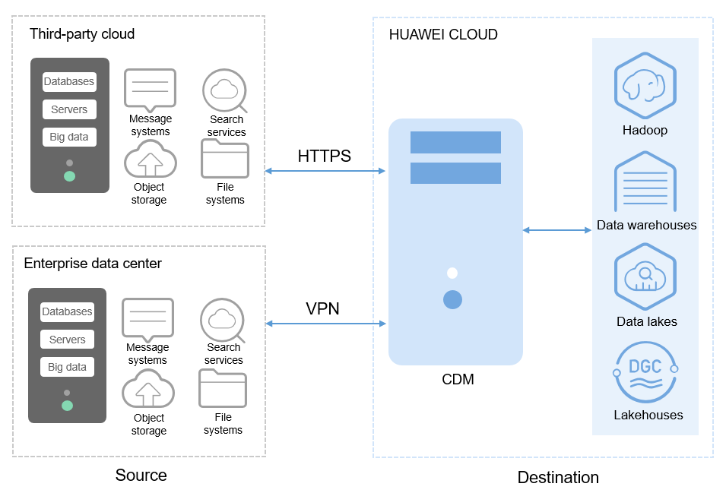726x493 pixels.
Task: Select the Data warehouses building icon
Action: click(x=645, y=182)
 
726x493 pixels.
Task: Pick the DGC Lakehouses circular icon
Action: click(x=645, y=373)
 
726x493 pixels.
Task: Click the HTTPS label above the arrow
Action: click(x=325, y=156)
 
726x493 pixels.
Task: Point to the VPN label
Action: click(x=323, y=309)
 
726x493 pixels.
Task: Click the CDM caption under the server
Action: click(x=458, y=379)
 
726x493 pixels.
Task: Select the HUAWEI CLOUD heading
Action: click(x=443, y=35)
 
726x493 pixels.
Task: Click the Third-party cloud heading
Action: click(x=82, y=34)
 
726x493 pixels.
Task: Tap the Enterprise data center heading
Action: click(x=93, y=264)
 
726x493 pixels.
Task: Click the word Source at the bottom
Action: click(x=141, y=476)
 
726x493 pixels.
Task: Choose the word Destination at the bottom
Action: click(x=558, y=478)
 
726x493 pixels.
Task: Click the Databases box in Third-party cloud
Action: click(x=69, y=82)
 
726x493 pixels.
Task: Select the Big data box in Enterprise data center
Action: click(x=67, y=367)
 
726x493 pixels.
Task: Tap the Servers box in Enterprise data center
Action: click(x=67, y=340)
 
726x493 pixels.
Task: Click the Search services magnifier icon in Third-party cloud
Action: click(x=225, y=90)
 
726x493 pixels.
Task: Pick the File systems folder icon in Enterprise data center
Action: click(x=223, y=389)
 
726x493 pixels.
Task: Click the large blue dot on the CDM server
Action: click(x=452, y=299)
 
